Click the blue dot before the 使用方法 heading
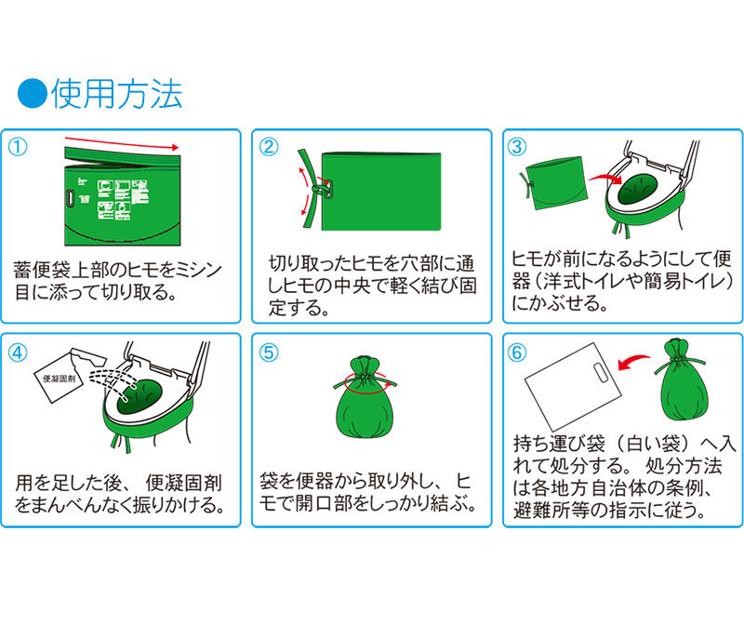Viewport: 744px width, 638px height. point(33,93)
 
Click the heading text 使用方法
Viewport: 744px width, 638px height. point(117,94)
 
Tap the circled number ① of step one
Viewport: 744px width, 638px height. point(18,147)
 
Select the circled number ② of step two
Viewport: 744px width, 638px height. point(269,147)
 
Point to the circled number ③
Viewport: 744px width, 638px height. point(517,147)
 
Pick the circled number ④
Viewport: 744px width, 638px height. point(18,352)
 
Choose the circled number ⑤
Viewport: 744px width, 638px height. point(269,352)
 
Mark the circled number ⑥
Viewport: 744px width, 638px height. point(517,352)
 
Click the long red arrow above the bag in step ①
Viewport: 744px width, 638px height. point(122,143)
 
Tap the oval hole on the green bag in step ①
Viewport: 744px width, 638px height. point(71,198)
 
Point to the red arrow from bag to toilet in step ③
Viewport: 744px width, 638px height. point(605,179)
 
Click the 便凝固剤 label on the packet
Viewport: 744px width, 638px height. point(60,379)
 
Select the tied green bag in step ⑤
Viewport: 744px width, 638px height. point(365,396)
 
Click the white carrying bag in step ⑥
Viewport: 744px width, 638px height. point(573,387)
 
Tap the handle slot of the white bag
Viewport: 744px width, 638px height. point(601,373)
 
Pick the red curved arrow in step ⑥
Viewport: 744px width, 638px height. point(633,362)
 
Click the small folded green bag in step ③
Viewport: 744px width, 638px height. point(555,183)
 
